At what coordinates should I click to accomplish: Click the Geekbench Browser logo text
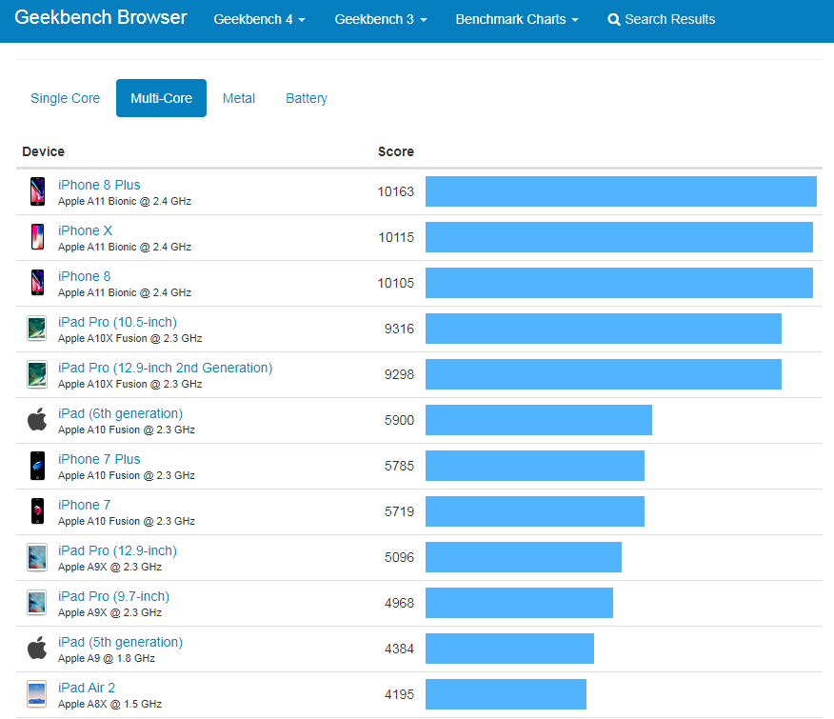(101, 18)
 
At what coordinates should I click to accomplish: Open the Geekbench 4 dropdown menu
(259, 19)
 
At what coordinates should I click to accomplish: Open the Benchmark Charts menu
(516, 19)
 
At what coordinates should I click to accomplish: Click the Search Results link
(662, 19)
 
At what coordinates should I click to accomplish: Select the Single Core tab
(65, 98)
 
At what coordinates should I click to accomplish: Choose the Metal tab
(238, 98)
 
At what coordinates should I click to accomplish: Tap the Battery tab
(306, 98)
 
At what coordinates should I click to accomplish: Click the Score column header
(395, 151)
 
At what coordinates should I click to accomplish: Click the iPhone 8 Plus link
(99, 185)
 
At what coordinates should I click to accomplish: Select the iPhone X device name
(85, 230)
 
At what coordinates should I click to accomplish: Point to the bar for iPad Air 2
(506, 694)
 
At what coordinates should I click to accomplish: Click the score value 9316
(399, 329)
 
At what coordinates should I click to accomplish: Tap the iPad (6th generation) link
(120, 413)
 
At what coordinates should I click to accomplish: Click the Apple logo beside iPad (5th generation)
(37, 649)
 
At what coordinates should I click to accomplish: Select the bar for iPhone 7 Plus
(534, 466)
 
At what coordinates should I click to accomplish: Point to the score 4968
(399, 603)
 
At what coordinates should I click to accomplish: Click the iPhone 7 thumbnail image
(37, 511)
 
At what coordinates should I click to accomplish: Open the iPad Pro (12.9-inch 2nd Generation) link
(165, 368)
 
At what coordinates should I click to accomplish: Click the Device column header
(44, 151)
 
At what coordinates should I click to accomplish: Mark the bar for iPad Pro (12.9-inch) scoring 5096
(523, 557)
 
